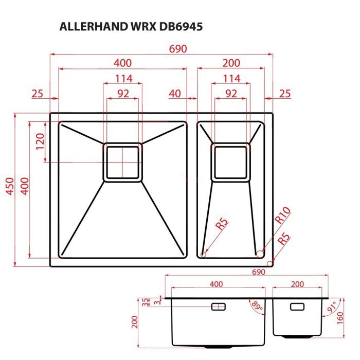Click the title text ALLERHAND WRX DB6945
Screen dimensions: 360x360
coord(131,27)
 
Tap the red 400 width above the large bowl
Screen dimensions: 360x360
coord(123,63)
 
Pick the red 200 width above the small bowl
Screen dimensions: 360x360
coord(231,63)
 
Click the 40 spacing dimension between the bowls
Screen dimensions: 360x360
coord(175,93)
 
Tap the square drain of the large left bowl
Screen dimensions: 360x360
coord(123,162)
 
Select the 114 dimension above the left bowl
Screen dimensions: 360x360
coord(123,79)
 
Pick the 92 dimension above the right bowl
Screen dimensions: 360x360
coord(231,94)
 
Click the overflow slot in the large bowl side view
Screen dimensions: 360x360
coord(219,307)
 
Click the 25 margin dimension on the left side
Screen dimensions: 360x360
coord(37,93)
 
